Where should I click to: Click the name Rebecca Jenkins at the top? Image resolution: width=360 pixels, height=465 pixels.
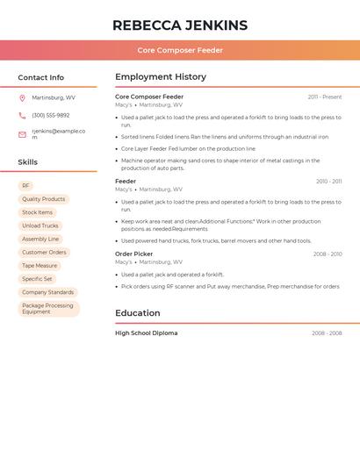[x=180, y=25]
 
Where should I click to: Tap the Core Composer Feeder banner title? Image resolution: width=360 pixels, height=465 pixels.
[x=180, y=50]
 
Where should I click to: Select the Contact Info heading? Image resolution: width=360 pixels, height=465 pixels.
[x=41, y=77]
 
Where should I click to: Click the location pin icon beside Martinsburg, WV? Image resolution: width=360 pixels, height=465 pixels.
[x=22, y=98]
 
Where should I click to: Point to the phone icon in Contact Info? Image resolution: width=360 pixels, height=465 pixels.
[x=22, y=115]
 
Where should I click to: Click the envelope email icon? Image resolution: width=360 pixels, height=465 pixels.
[x=22, y=134]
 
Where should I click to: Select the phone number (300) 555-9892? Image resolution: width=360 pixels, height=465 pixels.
[x=51, y=115]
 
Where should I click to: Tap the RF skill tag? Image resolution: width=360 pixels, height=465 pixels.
[x=26, y=186]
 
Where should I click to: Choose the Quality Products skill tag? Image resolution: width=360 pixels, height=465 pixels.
[x=44, y=199]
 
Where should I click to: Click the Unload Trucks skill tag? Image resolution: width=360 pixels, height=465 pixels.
[x=40, y=225]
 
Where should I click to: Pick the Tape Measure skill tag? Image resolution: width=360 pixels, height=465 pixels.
[x=40, y=265]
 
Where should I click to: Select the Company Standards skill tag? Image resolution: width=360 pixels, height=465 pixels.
[x=48, y=292]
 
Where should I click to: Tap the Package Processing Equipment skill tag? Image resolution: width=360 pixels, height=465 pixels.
[x=48, y=309]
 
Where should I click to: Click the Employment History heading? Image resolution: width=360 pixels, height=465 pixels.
[x=161, y=77]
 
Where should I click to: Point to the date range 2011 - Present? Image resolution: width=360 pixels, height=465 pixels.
[x=325, y=97]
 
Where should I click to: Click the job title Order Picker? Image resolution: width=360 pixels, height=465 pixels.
[x=133, y=254]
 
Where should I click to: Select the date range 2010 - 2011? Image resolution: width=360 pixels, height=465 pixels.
[x=329, y=182]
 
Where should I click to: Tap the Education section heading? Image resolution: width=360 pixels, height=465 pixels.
[x=138, y=313]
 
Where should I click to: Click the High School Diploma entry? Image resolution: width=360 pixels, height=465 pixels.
[x=147, y=333]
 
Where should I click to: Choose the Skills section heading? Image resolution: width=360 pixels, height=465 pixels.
[x=28, y=162]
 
